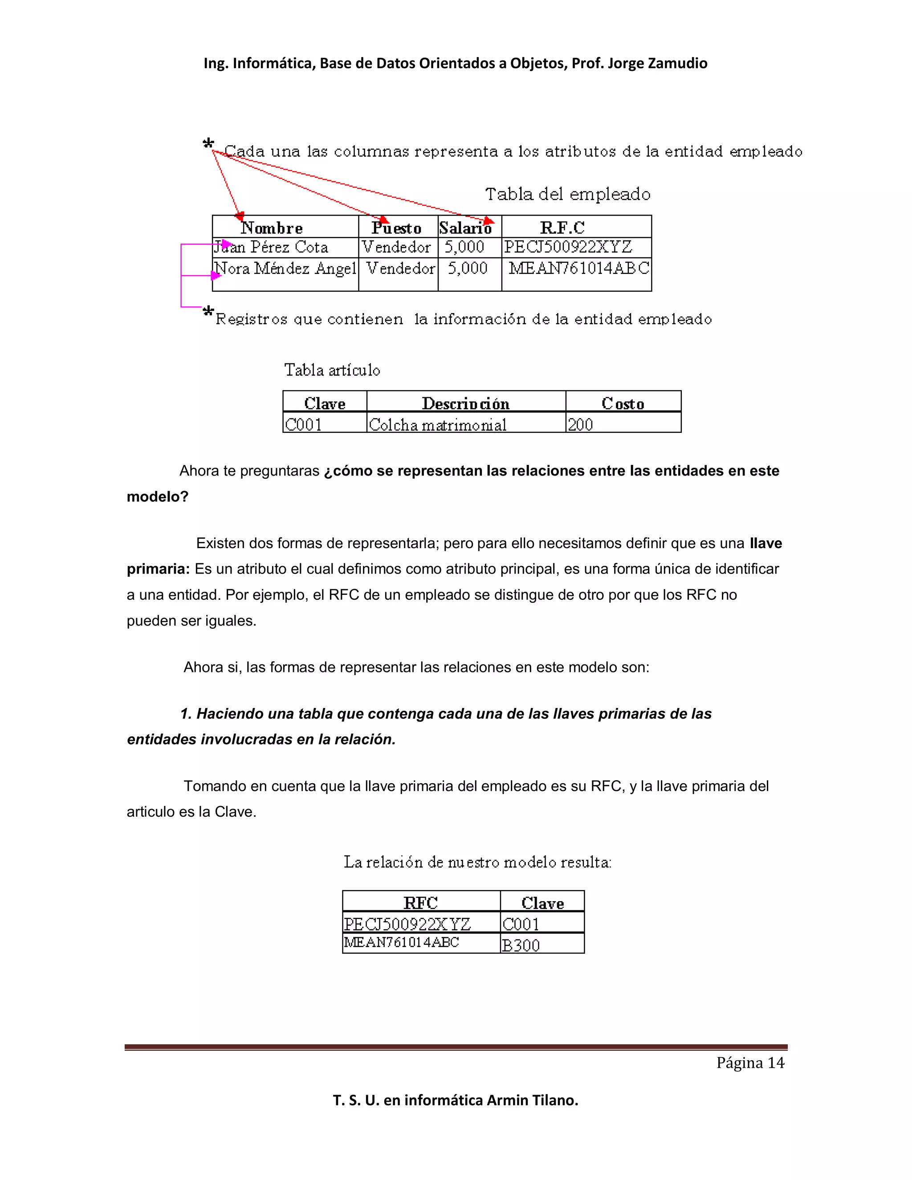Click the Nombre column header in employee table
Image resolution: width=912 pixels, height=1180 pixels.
point(272,228)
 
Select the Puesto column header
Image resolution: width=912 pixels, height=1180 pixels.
point(397,228)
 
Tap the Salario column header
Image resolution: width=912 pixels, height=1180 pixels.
point(465,228)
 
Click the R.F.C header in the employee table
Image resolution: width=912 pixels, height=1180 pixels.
point(562,228)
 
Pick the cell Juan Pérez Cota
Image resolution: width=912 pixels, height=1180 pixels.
point(271,248)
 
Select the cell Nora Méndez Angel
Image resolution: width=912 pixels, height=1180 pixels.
point(285,269)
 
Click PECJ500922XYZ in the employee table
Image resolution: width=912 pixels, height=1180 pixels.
point(568,248)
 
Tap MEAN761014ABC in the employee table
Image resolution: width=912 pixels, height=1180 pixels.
point(578,269)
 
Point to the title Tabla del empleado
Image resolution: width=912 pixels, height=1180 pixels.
point(567,194)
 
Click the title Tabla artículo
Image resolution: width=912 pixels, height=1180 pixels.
point(332,370)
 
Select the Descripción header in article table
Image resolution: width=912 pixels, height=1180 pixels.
point(465,403)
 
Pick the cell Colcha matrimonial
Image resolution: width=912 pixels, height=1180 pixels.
point(438,425)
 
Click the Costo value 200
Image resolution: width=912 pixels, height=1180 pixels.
point(580,425)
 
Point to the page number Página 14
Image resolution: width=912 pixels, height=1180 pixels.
point(750,1063)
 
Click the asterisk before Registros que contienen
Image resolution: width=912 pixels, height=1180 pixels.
point(208,312)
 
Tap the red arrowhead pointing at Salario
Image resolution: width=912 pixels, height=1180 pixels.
point(489,220)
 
